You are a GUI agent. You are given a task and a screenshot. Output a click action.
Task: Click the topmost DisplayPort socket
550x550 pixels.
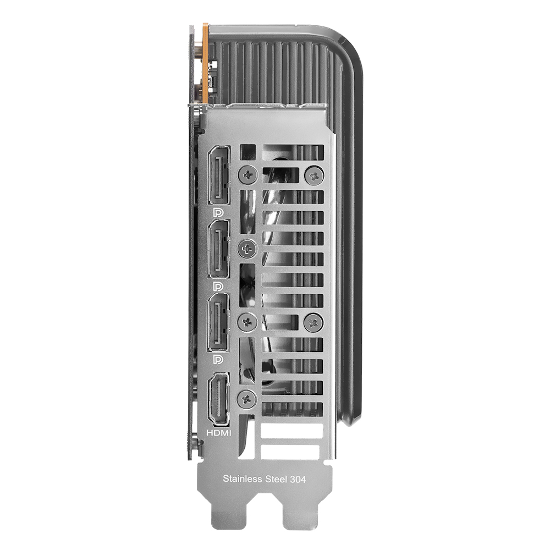219,175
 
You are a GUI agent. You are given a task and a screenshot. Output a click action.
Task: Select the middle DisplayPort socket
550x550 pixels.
219,249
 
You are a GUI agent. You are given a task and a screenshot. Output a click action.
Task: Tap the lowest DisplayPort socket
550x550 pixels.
219,322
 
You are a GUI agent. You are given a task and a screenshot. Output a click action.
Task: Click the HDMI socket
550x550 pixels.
218,399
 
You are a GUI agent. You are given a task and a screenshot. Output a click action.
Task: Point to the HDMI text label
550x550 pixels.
218,433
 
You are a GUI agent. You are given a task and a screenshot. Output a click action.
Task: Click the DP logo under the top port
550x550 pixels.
218,212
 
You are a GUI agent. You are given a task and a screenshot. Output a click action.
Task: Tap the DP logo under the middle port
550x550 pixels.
218,287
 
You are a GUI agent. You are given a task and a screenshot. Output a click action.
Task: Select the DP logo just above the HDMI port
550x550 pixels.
218,360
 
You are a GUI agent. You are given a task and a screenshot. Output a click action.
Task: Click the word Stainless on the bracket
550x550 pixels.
243,479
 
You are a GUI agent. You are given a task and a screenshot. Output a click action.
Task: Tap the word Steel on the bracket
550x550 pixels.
276,479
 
